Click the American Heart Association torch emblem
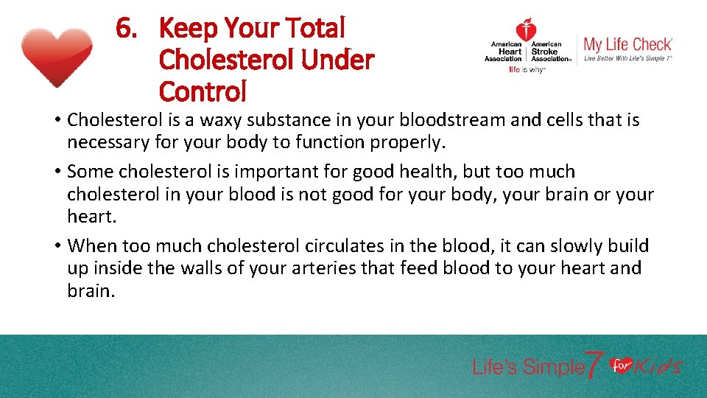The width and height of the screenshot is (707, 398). tap(526, 31)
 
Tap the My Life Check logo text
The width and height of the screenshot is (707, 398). tap(627, 44)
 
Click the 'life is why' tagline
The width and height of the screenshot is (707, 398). tap(527, 70)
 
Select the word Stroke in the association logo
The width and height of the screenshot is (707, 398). tap(546, 52)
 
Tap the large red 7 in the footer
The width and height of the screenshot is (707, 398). tap(594, 364)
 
